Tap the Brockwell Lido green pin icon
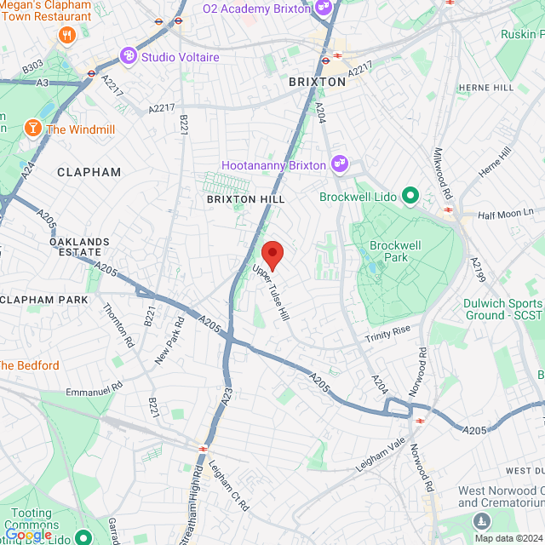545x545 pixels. point(410,197)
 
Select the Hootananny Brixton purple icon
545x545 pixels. point(340,163)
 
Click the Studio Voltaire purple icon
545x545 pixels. point(129,56)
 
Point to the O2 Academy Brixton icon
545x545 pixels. point(323,9)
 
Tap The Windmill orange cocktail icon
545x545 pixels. point(32,129)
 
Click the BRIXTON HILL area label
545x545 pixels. point(245,198)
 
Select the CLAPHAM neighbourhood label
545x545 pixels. point(89,172)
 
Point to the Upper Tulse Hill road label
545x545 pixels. point(271,291)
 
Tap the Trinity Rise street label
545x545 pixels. point(388,333)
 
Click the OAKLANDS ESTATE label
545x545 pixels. point(79,247)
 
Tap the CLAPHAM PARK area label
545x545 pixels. point(44,300)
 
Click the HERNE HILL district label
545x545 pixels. point(486,88)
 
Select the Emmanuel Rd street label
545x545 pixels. point(95,386)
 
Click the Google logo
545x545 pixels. point(27,534)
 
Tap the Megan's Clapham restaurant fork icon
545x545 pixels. point(66,35)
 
